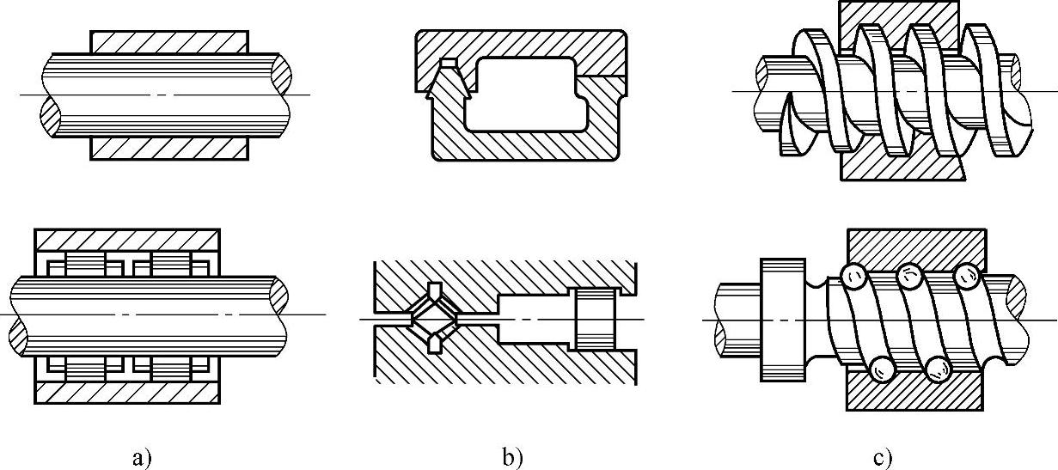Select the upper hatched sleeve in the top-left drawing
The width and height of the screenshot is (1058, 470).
[169, 41]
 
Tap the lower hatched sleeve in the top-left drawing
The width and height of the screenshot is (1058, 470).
[169, 148]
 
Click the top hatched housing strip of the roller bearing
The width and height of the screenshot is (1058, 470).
[126, 238]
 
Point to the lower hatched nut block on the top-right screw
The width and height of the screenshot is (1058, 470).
[894, 165]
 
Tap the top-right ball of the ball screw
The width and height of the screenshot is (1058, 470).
[967, 277]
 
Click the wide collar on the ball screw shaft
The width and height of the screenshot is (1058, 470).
[782, 319]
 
